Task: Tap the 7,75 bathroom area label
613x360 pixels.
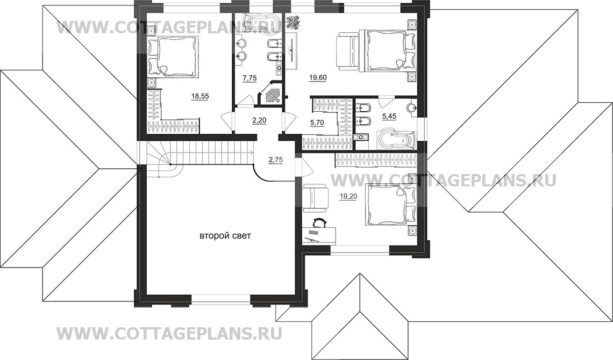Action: point(250,78)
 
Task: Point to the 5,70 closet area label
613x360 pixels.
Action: point(317,123)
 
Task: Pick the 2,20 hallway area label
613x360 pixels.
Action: point(259,120)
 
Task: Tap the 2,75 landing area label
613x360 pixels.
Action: point(275,159)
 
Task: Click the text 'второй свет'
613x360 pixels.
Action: point(225,236)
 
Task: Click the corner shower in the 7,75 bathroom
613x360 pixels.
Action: point(270,93)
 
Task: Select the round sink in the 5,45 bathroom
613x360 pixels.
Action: point(412,108)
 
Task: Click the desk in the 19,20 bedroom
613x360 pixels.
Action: point(319,235)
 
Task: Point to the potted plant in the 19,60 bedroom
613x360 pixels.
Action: point(294,22)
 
